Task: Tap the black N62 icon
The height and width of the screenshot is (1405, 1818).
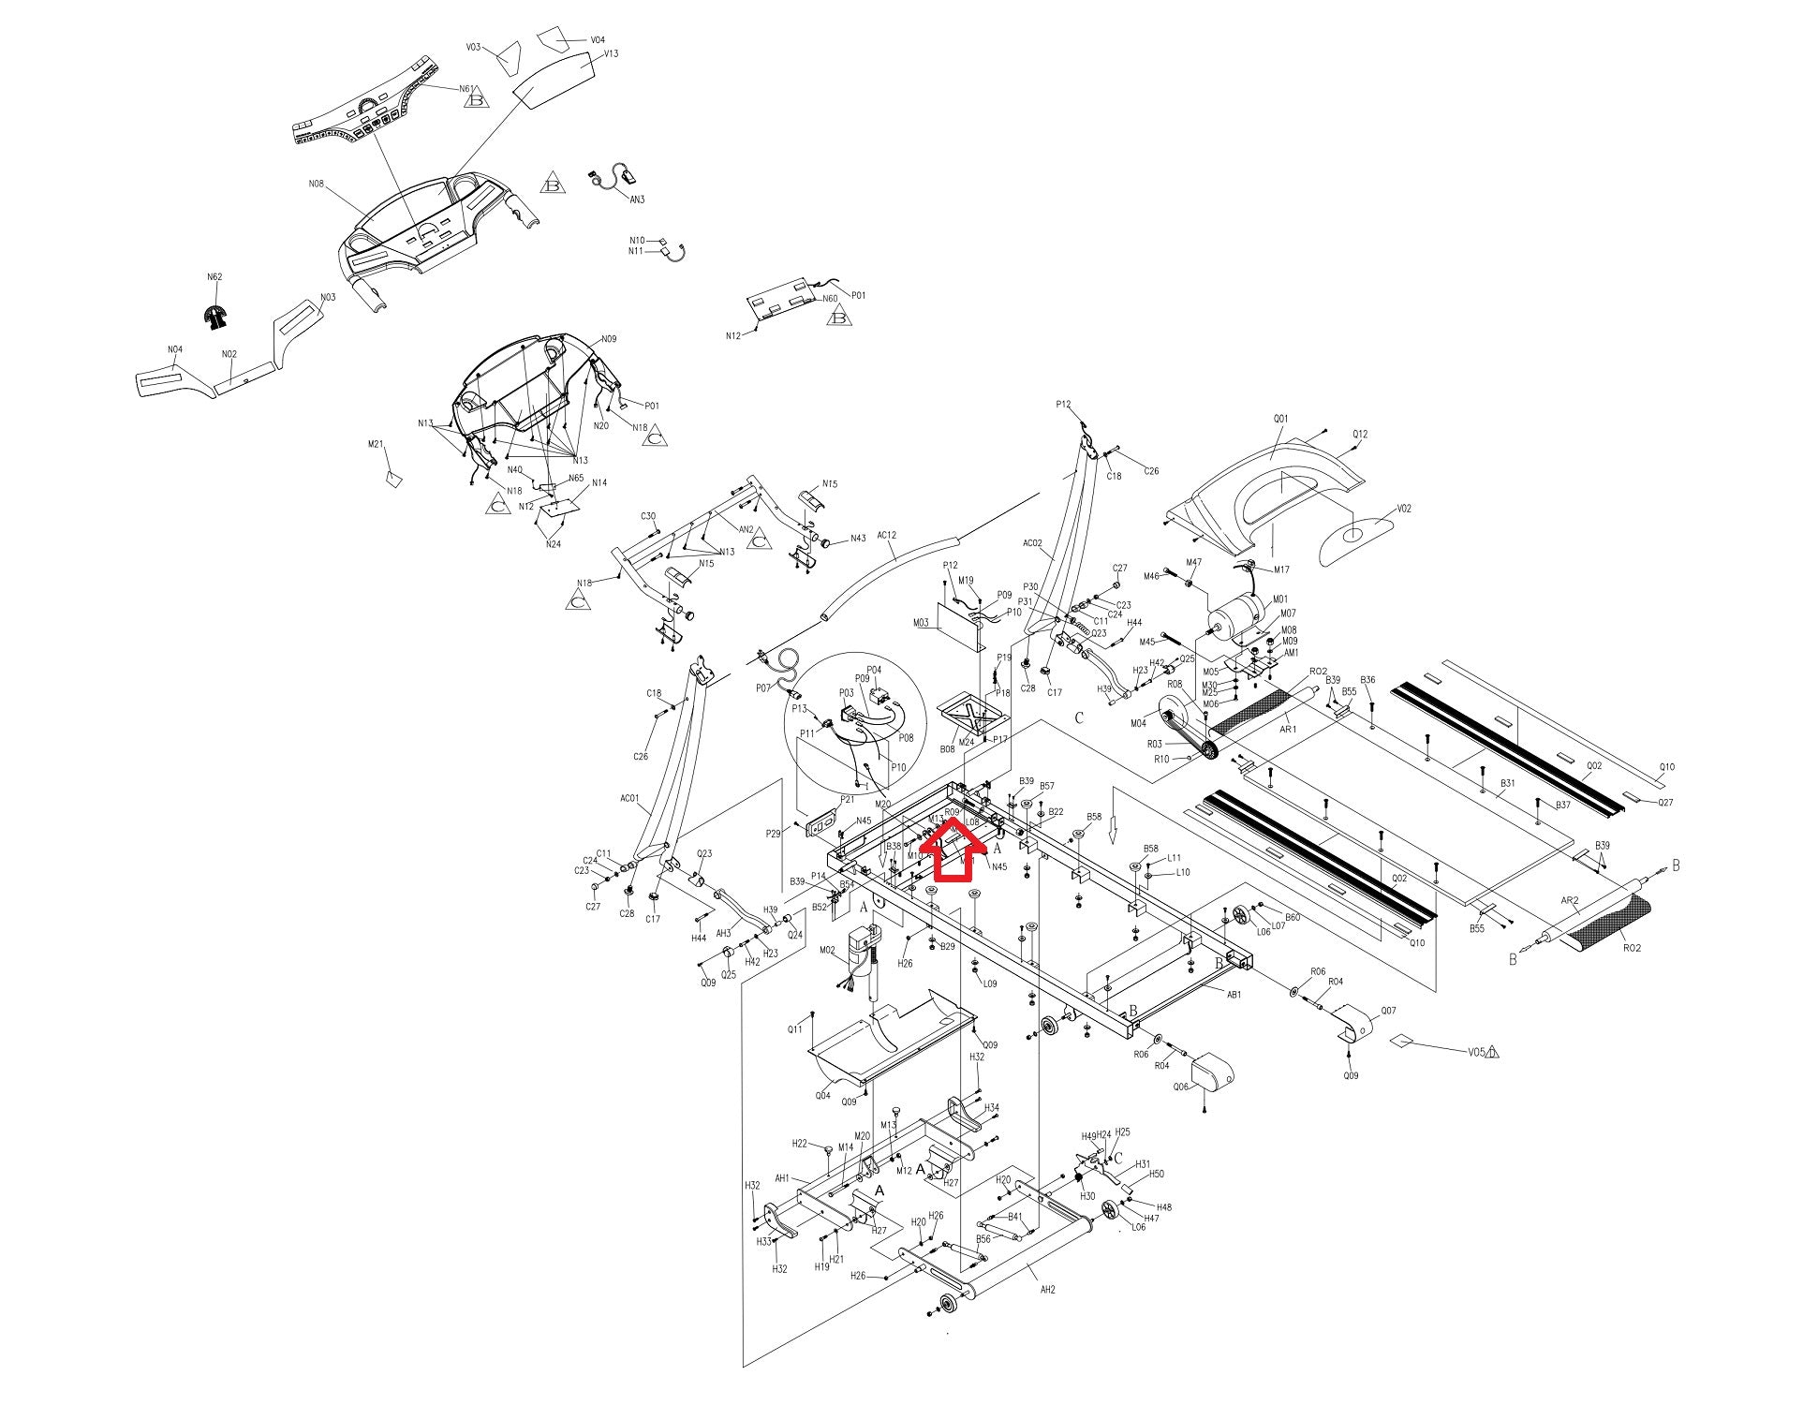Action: point(216,318)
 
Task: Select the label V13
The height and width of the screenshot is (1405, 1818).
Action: point(611,54)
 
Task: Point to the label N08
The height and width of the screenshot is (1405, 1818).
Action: point(317,185)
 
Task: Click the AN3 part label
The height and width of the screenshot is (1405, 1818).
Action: point(637,200)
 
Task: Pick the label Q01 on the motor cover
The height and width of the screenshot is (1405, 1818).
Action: point(1281,419)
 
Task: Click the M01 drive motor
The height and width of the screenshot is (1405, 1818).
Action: point(1236,618)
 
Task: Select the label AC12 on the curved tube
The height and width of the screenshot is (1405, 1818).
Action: point(886,536)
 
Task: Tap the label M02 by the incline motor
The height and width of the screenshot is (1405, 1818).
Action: point(827,951)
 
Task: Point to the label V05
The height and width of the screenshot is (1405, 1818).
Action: point(1476,1051)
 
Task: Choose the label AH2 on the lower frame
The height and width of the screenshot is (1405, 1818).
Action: point(1047,1290)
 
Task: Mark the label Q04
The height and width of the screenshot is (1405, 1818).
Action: point(823,1095)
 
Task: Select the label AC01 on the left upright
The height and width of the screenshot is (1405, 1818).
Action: point(628,799)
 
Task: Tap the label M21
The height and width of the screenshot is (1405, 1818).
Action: point(376,444)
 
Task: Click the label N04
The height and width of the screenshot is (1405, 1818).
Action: point(175,350)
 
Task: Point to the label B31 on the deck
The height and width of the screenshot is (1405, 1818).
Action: point(1508,782)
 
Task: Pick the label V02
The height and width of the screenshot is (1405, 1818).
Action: point(1404,509)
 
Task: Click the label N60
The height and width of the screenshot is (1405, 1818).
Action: point(830,299)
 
